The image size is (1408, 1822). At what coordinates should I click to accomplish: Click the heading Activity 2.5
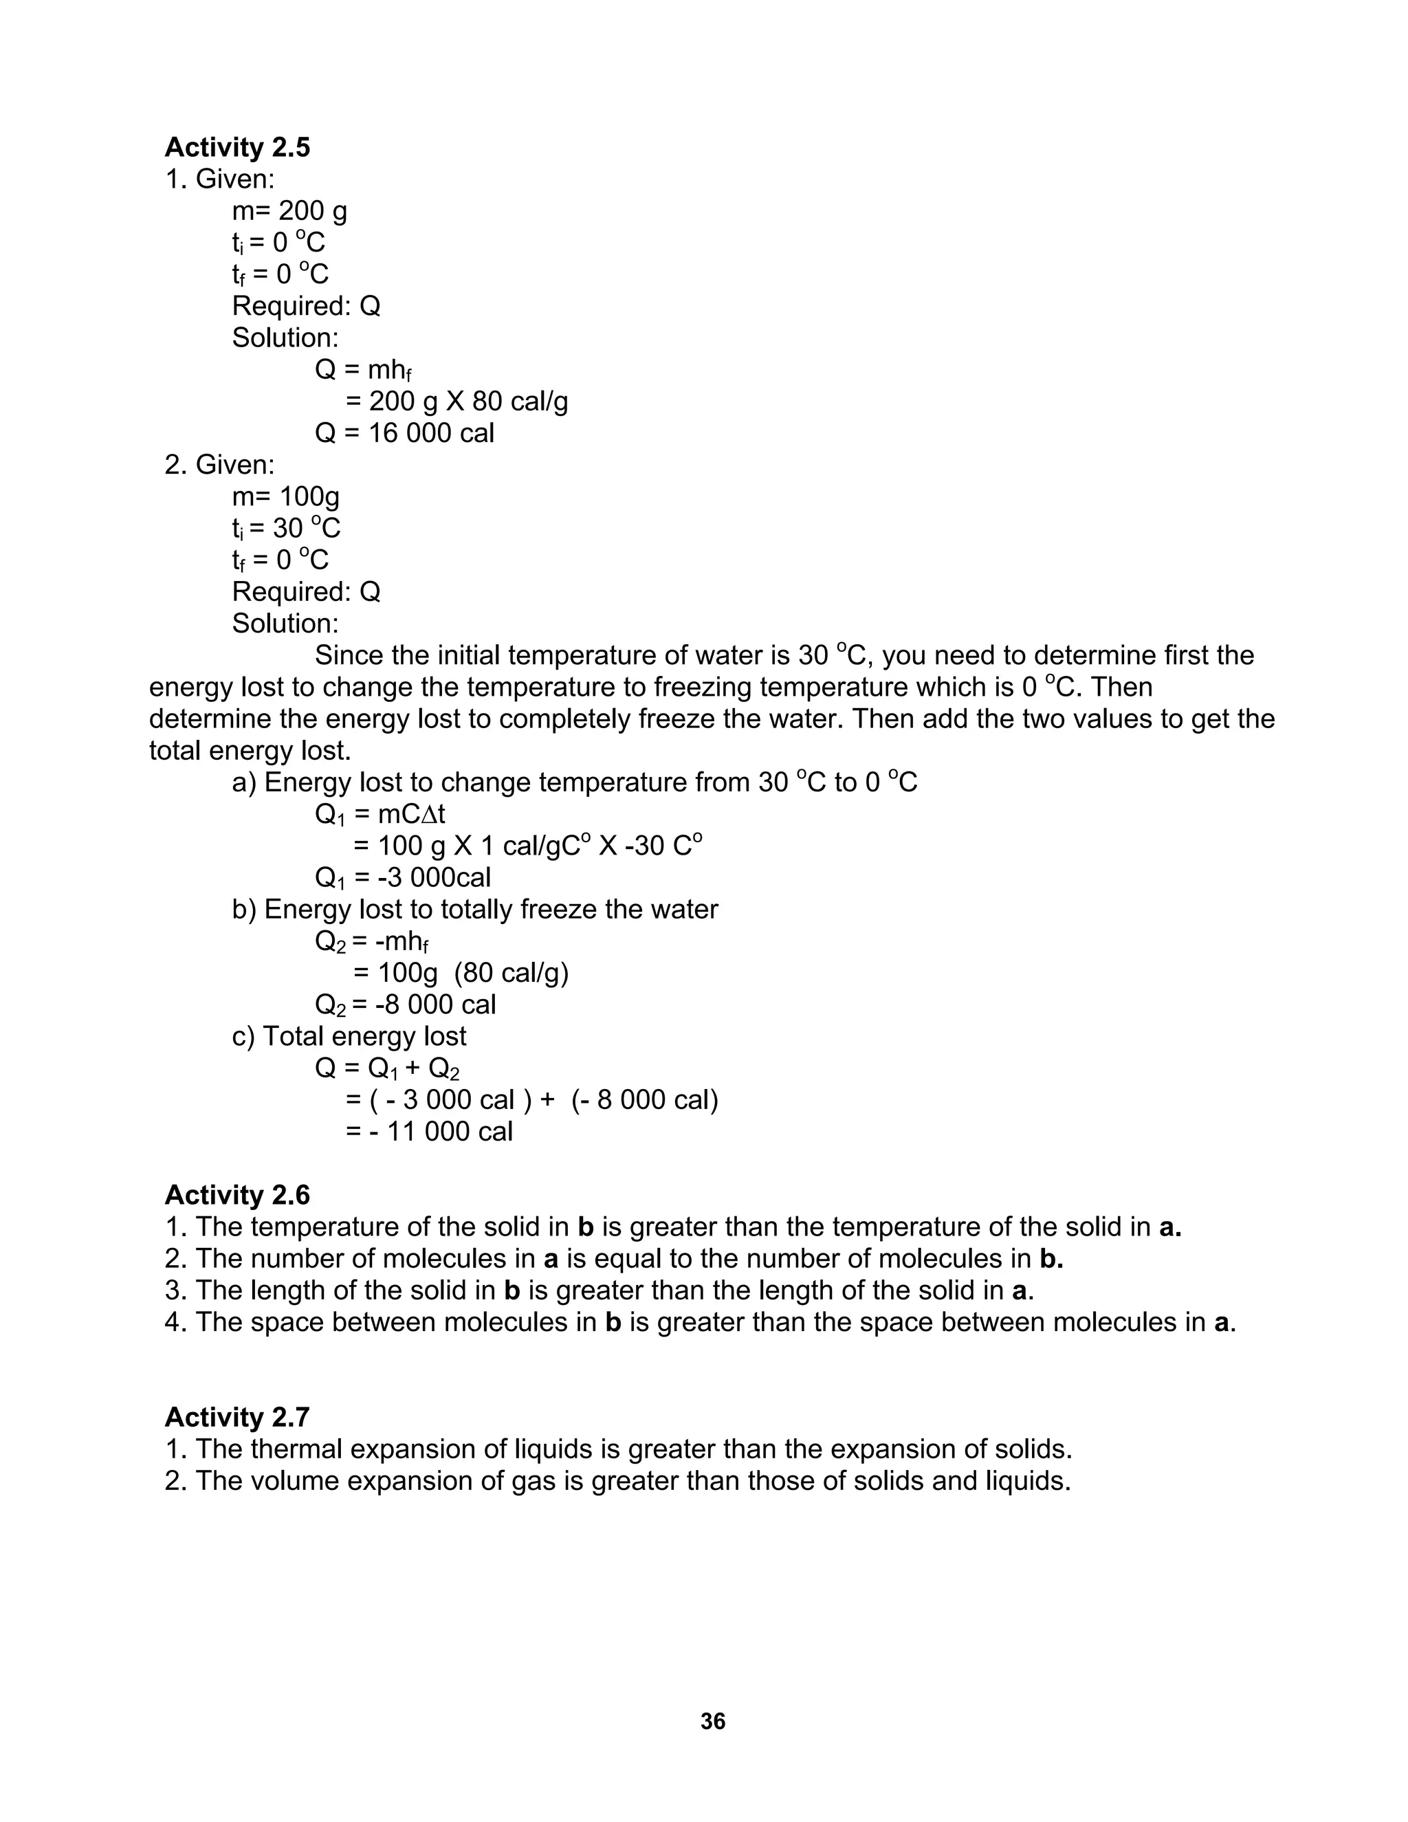point(237,147)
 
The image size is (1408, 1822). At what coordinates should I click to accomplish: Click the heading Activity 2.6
point(237,1195)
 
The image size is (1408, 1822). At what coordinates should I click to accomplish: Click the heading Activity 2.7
point(237,1416)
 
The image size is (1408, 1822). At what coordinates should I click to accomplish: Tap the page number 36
point(712,1721)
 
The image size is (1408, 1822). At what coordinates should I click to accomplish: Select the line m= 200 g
point(289,211)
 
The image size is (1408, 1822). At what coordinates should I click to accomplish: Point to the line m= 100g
point(285,496)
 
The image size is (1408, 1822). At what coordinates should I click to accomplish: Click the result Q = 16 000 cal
point(404,433)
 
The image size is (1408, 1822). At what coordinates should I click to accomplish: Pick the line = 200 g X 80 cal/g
point(456,402)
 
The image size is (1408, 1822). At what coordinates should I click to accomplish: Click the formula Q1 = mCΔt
point(379,813)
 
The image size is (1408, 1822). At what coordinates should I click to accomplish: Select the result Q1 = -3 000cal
point(402,877)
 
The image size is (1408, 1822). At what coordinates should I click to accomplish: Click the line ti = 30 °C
point(285,528)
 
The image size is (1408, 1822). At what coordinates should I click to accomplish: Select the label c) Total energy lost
point(349,1035)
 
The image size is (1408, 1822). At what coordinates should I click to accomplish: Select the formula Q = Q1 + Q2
point(387,1068)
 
